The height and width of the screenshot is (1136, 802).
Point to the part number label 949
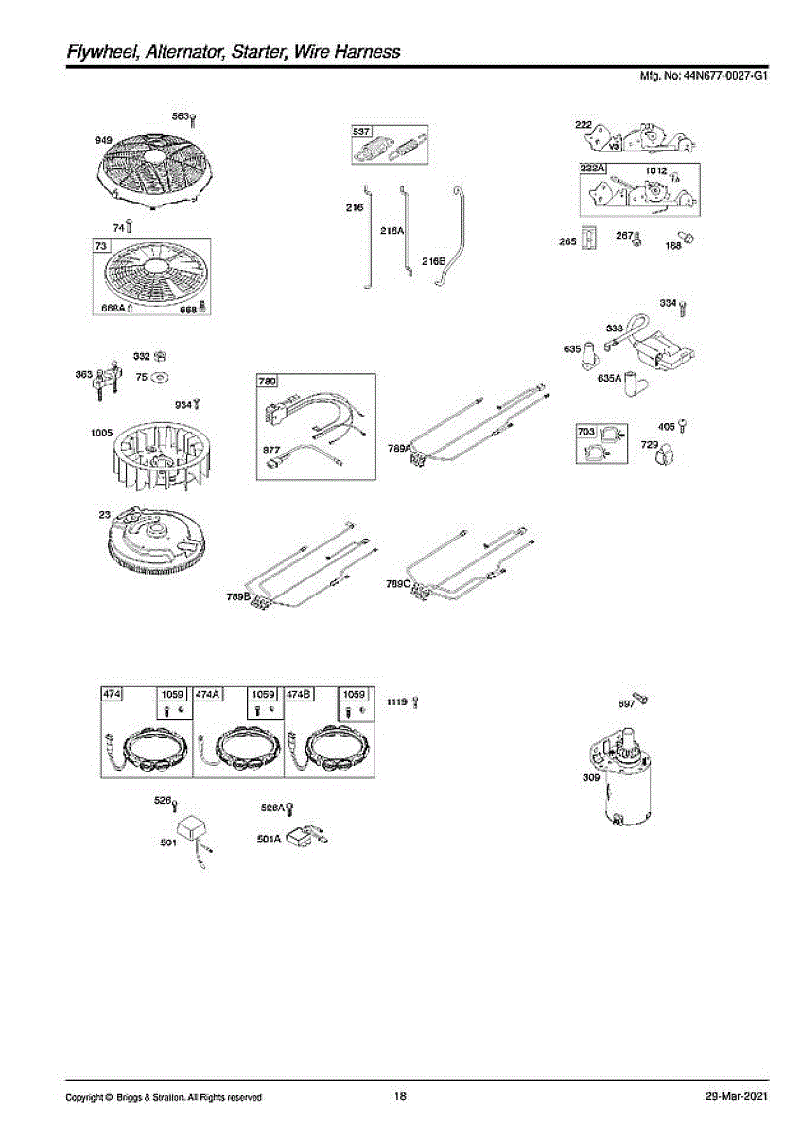[x=104, y=140]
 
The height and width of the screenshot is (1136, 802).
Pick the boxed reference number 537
[x=360, y=132]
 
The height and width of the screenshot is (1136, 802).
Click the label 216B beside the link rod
[x=433, y=261]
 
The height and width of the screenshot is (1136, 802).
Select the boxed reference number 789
[x=267, y=382]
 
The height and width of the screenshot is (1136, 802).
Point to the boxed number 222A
[x=592, y=169]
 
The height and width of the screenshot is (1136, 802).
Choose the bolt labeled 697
[x=640, y=699]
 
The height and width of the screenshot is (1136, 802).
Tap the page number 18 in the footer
[x=400, y=1096]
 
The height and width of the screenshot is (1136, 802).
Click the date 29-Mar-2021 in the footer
[x=737, y=1096]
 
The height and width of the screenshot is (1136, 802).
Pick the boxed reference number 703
[x=586, y=431]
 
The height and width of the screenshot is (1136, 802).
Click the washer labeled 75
[x=159, y=377]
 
